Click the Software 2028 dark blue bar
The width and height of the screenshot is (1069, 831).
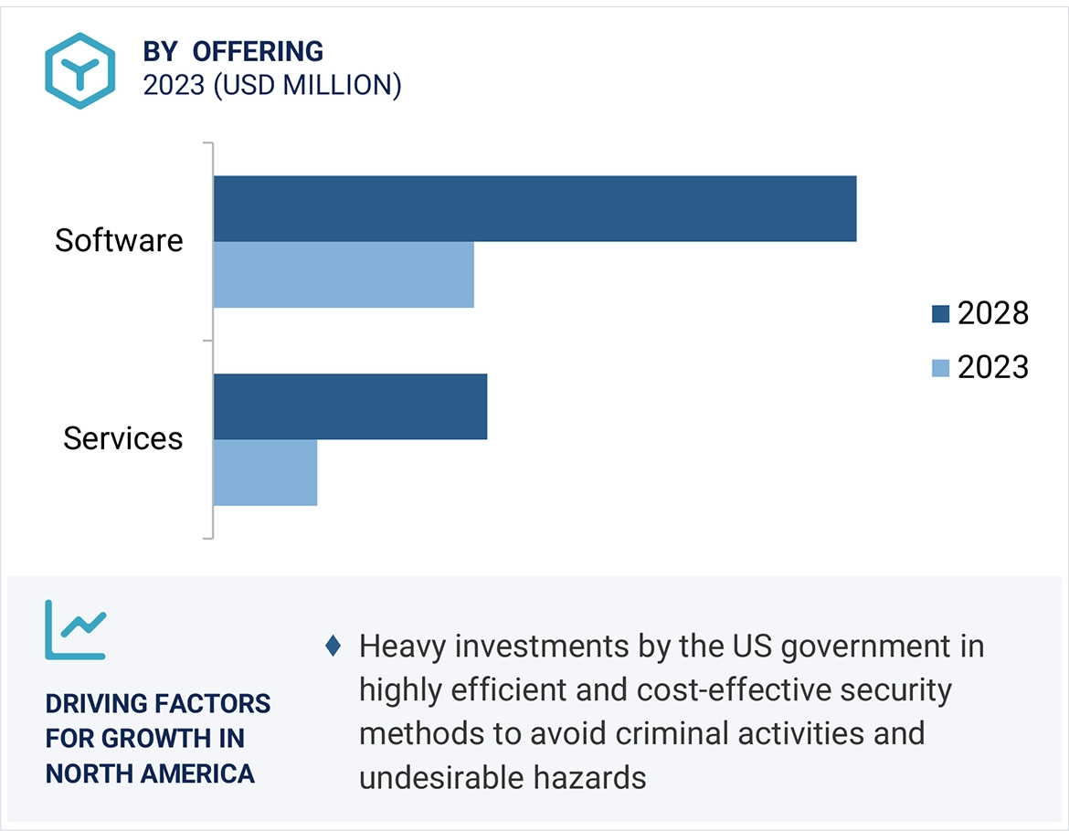(534, 208)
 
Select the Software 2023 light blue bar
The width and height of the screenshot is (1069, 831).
(344, 274)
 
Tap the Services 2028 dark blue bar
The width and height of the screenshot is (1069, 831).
(350, 406)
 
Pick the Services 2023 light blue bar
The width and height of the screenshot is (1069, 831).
(265, 472)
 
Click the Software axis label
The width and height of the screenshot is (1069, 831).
(119, 240)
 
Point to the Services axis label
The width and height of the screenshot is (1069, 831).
(123, 438)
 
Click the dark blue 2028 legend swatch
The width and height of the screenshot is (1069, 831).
(940, 314)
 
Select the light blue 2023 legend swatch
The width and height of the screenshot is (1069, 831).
(940, 368)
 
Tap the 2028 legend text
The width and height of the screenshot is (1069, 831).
(993, 314)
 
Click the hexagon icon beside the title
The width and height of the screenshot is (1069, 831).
(80, 70)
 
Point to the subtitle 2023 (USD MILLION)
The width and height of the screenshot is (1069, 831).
(272, 85)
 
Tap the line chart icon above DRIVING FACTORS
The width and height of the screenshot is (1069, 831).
(76, 629)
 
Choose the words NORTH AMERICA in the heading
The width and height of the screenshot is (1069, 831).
(150, 774)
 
